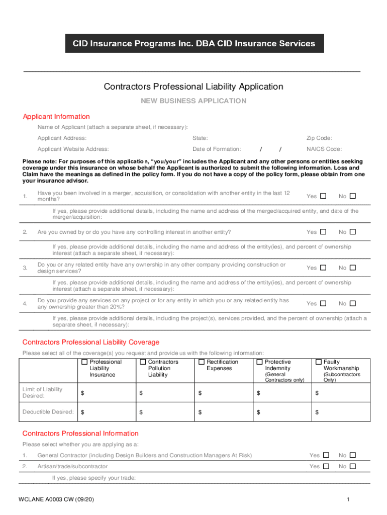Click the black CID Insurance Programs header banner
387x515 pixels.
pos(193,43)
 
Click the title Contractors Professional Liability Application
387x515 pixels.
pos(193,87)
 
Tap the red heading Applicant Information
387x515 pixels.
pos(56,117)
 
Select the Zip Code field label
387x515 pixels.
pos(319,138)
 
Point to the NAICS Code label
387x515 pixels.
pos(324,149)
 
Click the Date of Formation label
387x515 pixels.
pos(217,149)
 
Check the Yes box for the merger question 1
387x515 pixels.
pos(323,196)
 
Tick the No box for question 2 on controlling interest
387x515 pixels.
pos(353,232)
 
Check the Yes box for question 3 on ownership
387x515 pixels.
pos(323,268)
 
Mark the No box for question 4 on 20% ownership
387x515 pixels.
pos(353,303)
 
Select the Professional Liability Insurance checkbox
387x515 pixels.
pos(84,362)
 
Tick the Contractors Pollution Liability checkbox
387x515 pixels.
pos(143,362)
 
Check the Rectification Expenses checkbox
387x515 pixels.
pos(202,362)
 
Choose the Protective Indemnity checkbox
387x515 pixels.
pos(260,362)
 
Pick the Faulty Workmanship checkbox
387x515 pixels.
pos(319,362)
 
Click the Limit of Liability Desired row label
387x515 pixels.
pos(43,392)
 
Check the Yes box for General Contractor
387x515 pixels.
pos(326,455)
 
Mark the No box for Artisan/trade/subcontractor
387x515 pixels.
pos(353,466)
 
